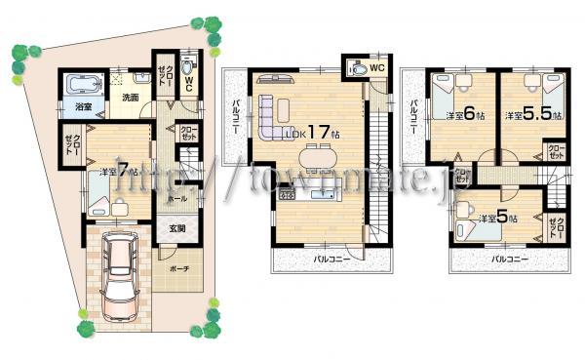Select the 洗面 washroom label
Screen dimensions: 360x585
131,97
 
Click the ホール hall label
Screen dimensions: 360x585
176,198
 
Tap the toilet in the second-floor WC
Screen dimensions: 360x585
359,70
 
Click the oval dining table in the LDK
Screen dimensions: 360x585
317,156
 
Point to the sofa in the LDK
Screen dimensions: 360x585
275,117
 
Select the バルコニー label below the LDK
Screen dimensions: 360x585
332,260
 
